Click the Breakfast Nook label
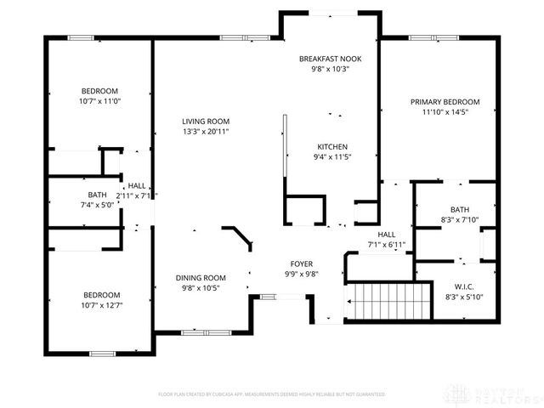point(331,59)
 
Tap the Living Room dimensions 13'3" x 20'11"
point(205,132)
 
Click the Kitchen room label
point(332,146)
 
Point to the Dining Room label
point(201,278)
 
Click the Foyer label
point(302,263)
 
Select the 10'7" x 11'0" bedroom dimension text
point(99,101)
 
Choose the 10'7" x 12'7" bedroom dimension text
point(99,305)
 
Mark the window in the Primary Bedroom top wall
point(422,37)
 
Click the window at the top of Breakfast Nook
point(331,13)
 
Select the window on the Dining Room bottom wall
point(201,331)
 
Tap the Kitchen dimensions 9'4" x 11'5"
point(332,156)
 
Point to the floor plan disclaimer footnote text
point(272,394)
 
